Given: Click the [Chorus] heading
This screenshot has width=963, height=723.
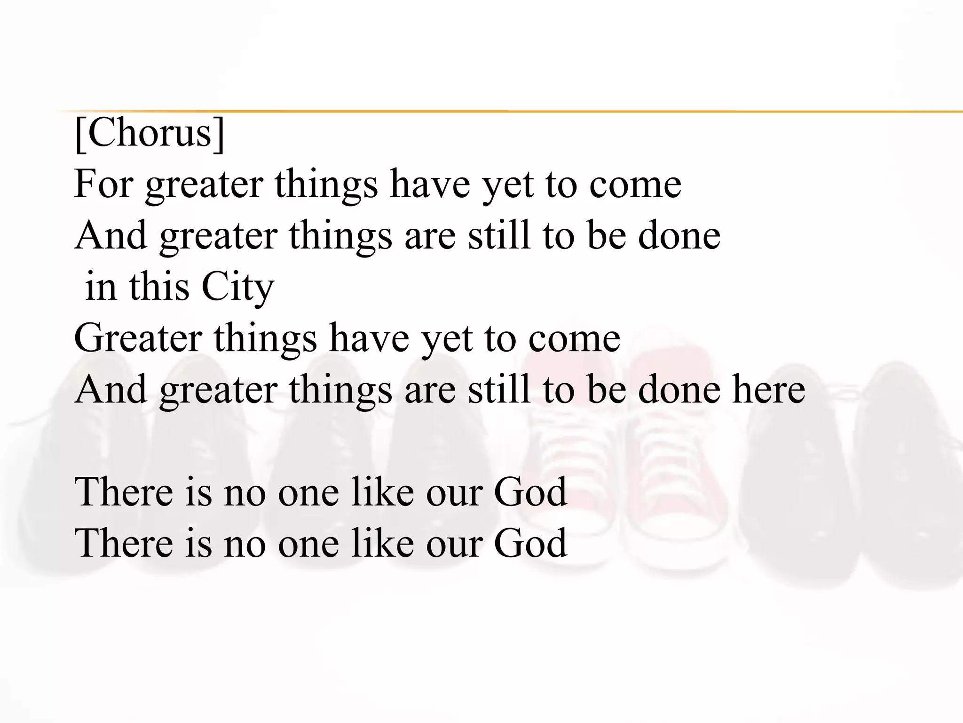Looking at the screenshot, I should pyautogui.click(x=150, y=134).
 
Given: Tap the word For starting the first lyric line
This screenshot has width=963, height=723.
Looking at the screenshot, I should pyautogui.click(x=103, y=184).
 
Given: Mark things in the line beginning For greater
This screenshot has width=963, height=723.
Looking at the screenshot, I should pyautogui.click(x=326, y=185).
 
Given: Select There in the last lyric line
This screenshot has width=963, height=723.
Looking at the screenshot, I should pyautogui.click(x=124, y=543).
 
